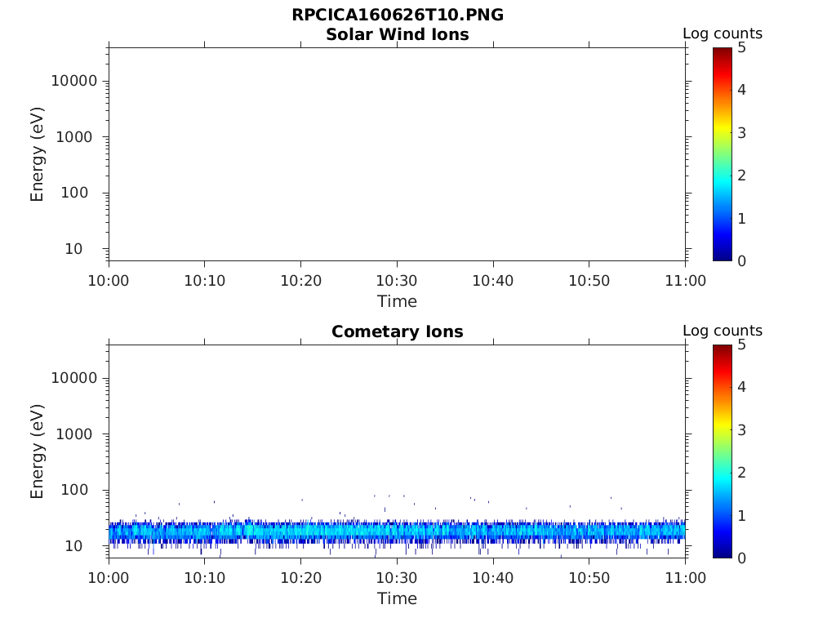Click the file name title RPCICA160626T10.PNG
tap(397, 16)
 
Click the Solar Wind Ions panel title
tap(397, 35)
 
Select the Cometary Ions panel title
tap(397, 332)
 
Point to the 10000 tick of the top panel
tap(73, 81)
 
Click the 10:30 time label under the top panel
tap(397, 281)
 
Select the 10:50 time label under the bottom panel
tap(589, 578)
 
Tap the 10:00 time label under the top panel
tap(109, 281)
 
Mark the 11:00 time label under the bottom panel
tap(685, 578)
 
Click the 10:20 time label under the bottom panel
tap(301, 578)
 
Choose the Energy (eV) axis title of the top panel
tap(38, 154)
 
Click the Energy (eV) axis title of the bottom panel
tap(38, 451)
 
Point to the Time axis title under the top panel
tap(397, 302)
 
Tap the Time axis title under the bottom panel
tap(397, 599)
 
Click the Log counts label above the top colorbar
tap(723, 34)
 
